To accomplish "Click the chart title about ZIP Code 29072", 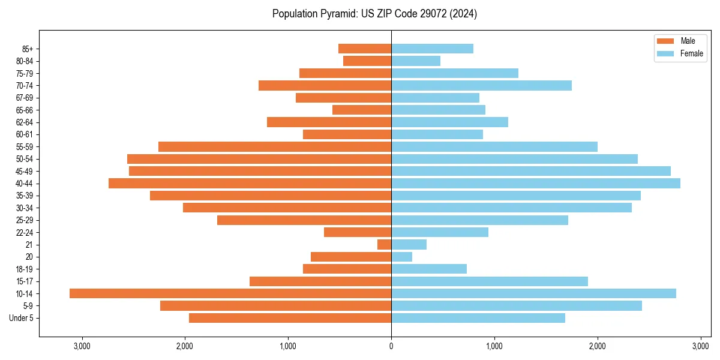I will point(374,14).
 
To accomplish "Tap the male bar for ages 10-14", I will point(230,293).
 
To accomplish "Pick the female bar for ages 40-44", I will point(535,183).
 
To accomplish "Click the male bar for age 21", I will point(384,244).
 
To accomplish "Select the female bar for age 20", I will point(401,257).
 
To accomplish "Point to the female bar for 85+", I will point(432,49).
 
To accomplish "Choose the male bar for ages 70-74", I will point(325,85).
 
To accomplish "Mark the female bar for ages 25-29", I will point(479,220).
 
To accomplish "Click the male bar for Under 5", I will point(290,318).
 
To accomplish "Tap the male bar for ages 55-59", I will point(275,146).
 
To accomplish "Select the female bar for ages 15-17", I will point(489,281).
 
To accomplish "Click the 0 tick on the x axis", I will point(391,346).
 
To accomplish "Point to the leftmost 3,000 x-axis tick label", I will point(82,346).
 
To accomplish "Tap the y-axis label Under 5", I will point(22,318).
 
